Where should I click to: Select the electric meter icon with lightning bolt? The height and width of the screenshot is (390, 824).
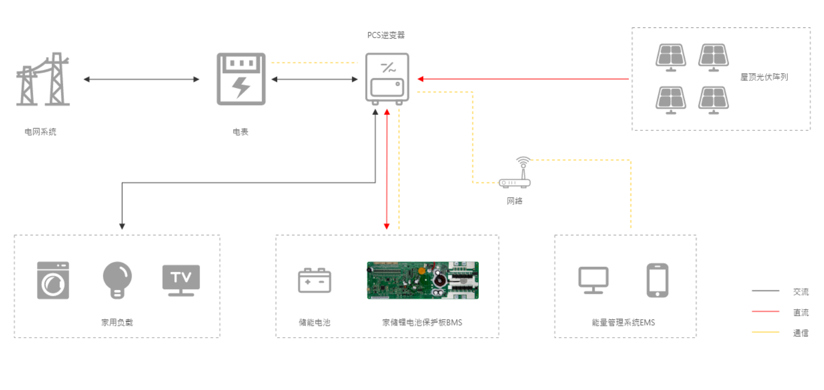pyautogui.click(x=241, y=79)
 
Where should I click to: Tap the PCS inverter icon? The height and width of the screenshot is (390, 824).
pyautogui.click(x=387, y=79)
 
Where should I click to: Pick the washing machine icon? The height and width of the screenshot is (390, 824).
pyautogui.click(x=53, y=280)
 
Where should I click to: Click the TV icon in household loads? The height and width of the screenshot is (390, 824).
pyautogui.click(x=181, y=280)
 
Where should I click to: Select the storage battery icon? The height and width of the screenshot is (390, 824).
pyautogui.click(x=315, y=280)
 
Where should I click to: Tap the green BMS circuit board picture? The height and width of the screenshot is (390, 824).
pyautogui.click(x=422, y=280)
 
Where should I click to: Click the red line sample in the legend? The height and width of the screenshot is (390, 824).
pyautogui.click(x=765, y=312)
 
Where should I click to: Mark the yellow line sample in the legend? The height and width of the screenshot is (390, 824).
pyautogui.click(x=765, y=332)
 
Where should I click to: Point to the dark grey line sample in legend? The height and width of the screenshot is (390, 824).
pyautogui.click(x=765, y=291)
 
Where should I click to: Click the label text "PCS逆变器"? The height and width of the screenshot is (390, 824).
pyautogui.click(x=386, y=35)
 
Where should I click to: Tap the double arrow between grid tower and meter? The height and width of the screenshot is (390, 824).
pyautogui.click(x=141, y=79)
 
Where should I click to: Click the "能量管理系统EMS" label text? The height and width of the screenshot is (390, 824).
pyautogui.click(x=623, y=323)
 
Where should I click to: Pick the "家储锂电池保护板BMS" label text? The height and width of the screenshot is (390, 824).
pyautogui.click(x=422, y=323)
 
